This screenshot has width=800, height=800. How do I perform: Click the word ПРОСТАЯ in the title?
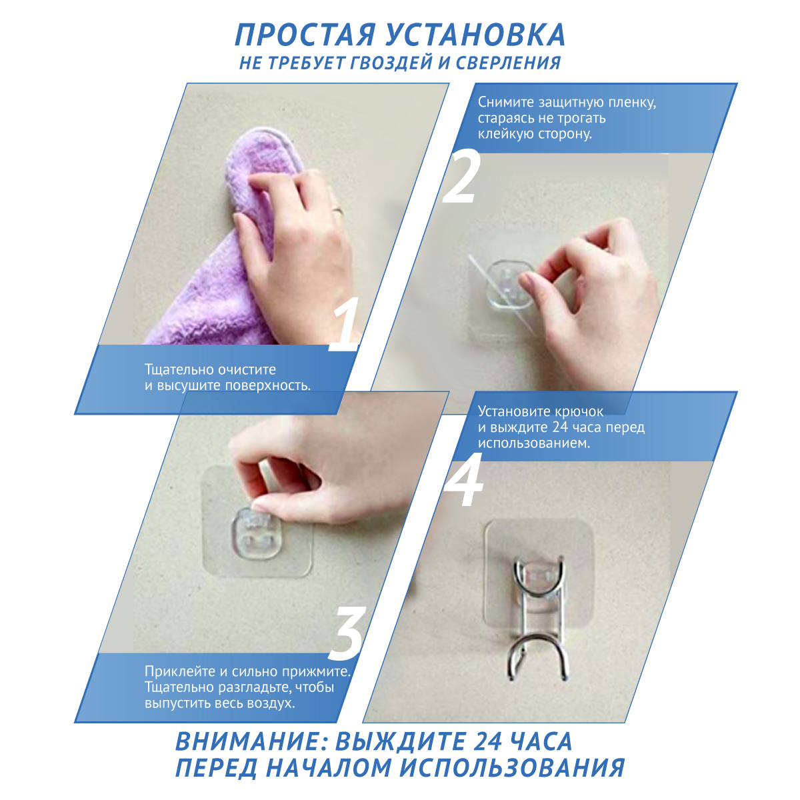coord(304,35)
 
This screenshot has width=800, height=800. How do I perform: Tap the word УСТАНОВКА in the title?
coord(475,35)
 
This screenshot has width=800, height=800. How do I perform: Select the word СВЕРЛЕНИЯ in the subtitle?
coord(508,63)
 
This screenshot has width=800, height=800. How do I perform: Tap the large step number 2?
coord(461,177)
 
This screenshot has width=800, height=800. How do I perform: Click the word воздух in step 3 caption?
coord(271,704)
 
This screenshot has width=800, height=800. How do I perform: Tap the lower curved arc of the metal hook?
coord(539,647)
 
